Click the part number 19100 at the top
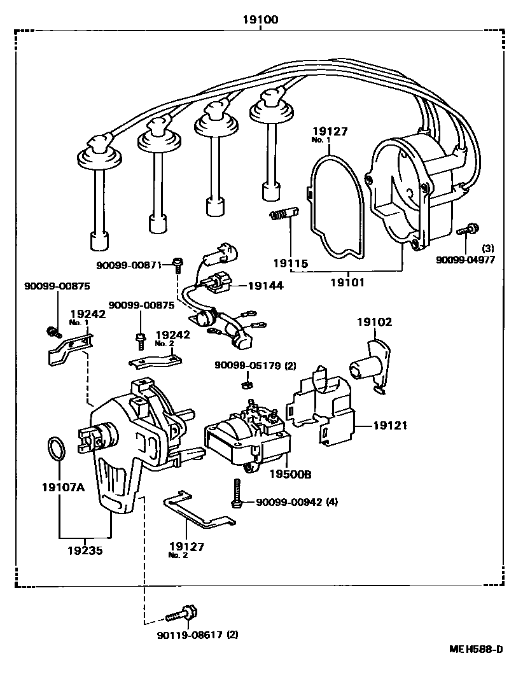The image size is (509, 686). click(x=259, y=20)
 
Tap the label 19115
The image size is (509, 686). click(x=290, y=263)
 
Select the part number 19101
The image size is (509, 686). click(x=349, y=281)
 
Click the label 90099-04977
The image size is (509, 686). click(x=464, y=260)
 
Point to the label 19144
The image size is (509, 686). click(x=266, y=286)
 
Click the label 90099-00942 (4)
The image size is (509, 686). click(x=296, y=503)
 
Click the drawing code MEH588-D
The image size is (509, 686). click(x=475, y=649)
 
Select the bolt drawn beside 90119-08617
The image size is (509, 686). click(x=181, y=614)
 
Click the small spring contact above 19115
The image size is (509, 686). click(x=280, y=216)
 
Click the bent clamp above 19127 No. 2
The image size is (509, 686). click(x=197, y=510)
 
